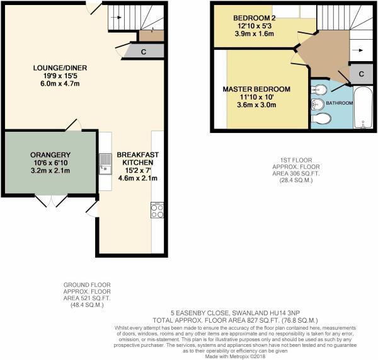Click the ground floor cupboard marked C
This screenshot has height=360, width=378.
pos(144,52)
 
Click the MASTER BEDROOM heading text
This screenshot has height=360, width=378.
pos(256,90)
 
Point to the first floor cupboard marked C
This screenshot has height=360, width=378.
pos(361,74)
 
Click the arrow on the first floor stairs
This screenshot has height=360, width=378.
pos(356,50)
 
